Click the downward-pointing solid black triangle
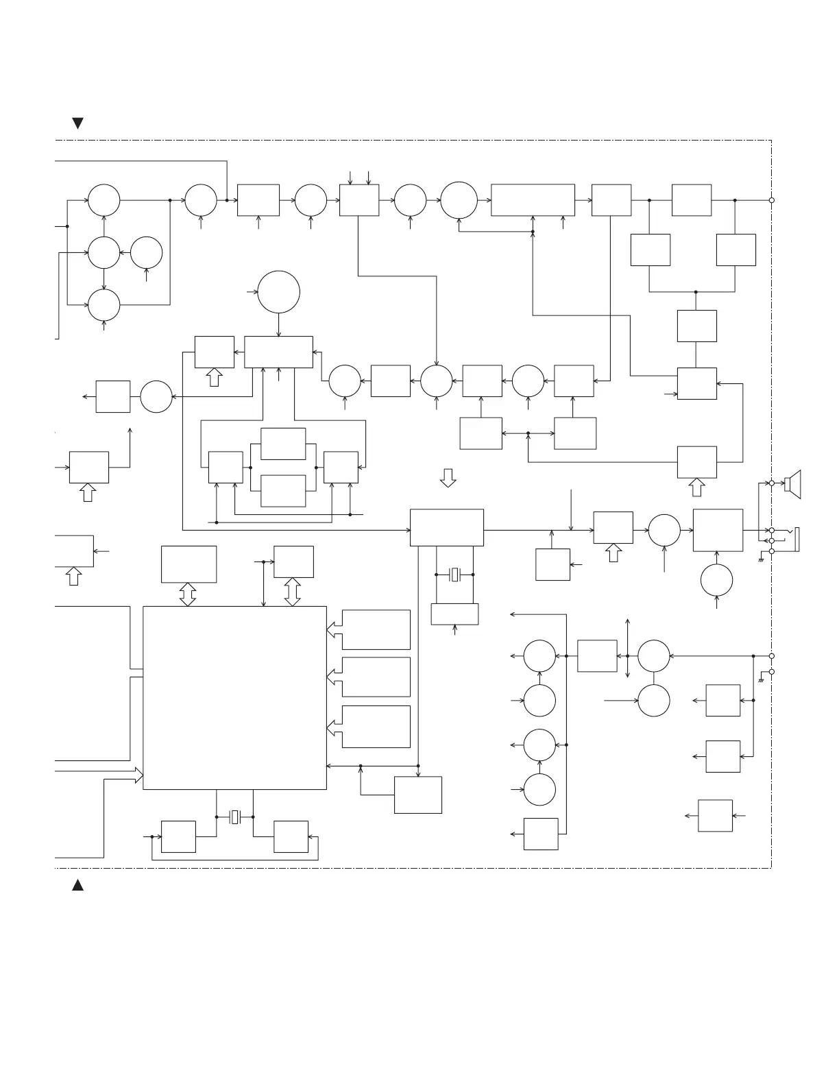tap(78, 123)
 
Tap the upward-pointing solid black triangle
tap(78, 885)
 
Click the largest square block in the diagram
tap(234, 697)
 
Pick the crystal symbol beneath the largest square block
tap(234, 817)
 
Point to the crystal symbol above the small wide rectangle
tap(454, 575)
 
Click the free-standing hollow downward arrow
tap(448, 478)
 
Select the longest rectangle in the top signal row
tap(533, 200)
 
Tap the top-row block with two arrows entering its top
tap(359, 200)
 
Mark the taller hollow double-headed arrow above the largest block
tap(293, 592)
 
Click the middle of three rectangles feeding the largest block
tap(376, 677)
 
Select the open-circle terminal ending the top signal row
tap(772, 200)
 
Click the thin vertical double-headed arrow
tap(628, 648)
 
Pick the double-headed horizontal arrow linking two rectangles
tap(528, 433)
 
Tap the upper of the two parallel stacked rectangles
tap(283, 444)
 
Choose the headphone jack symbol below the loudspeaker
tap(795, 538)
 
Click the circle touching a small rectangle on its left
tap(156, 396)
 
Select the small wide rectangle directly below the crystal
tap(454, 614)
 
